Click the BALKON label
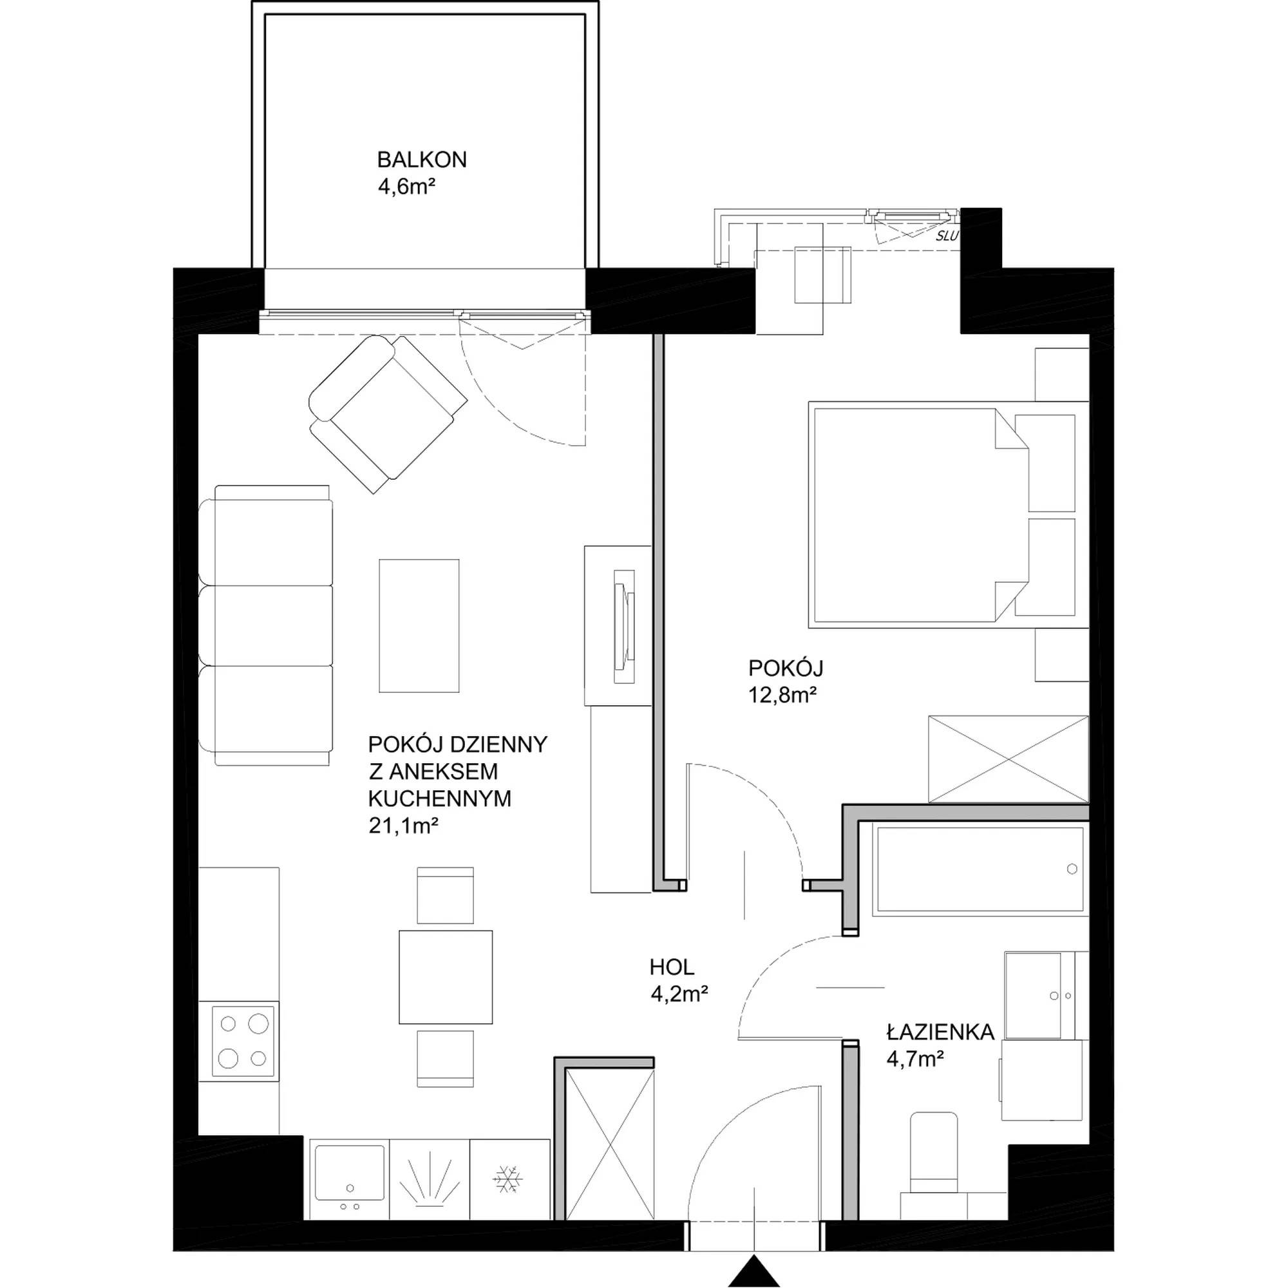(x=421, y=160)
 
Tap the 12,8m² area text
(x=782, y=696)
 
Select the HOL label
(x=672, y=966)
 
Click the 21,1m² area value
(x=402, y=826)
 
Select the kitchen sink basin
(x=348, y=1173)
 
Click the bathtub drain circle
(x=1072, y=869)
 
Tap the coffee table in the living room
(x=419, y=625)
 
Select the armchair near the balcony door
(x=387, y=413)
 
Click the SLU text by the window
(x=947, y=236)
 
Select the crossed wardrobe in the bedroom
(x=1008, y=759)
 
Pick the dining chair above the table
(x=446, y=895)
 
